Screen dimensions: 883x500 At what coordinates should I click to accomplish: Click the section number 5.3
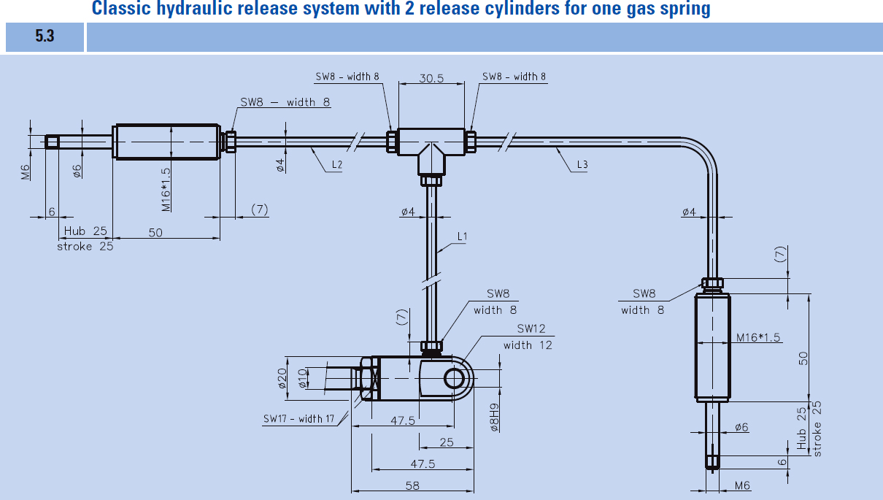click(x=45, y=36)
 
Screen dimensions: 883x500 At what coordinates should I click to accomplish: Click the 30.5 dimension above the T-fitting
click(x=431, y=78)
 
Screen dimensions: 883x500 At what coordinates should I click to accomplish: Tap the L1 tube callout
click(x=462, y=236)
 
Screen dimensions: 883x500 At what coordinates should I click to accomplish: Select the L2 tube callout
click(x=337, y=164)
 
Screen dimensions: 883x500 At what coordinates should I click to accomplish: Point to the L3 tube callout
click(x=582, y=164)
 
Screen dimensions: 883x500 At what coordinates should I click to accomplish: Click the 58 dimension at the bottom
click(x=412, y=485)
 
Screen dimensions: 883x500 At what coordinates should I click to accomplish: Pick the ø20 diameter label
click(x=282, y=379)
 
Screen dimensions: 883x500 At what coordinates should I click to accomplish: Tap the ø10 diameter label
click(x=302, y=379)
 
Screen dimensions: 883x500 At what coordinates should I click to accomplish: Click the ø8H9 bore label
click(x=494, y=418)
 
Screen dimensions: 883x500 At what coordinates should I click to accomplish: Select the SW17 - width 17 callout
click(x=298, y=419)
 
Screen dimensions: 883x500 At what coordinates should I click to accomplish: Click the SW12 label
click(x=531, y=328)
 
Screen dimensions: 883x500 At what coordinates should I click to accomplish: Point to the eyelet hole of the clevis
click(x=454, y=379)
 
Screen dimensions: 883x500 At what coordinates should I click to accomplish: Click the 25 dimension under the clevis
click(x=446, y=442)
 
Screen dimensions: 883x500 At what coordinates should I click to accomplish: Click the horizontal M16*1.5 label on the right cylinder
click(x=758, y=337)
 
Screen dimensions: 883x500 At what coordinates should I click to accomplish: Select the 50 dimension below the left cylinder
click(x=155, y=233)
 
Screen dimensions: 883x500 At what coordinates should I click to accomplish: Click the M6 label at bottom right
click(x=742, y=485)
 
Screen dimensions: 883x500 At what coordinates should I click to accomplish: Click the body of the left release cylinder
click(x=166, y=142)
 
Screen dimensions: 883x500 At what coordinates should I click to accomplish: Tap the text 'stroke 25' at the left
click(x=85, y=247)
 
